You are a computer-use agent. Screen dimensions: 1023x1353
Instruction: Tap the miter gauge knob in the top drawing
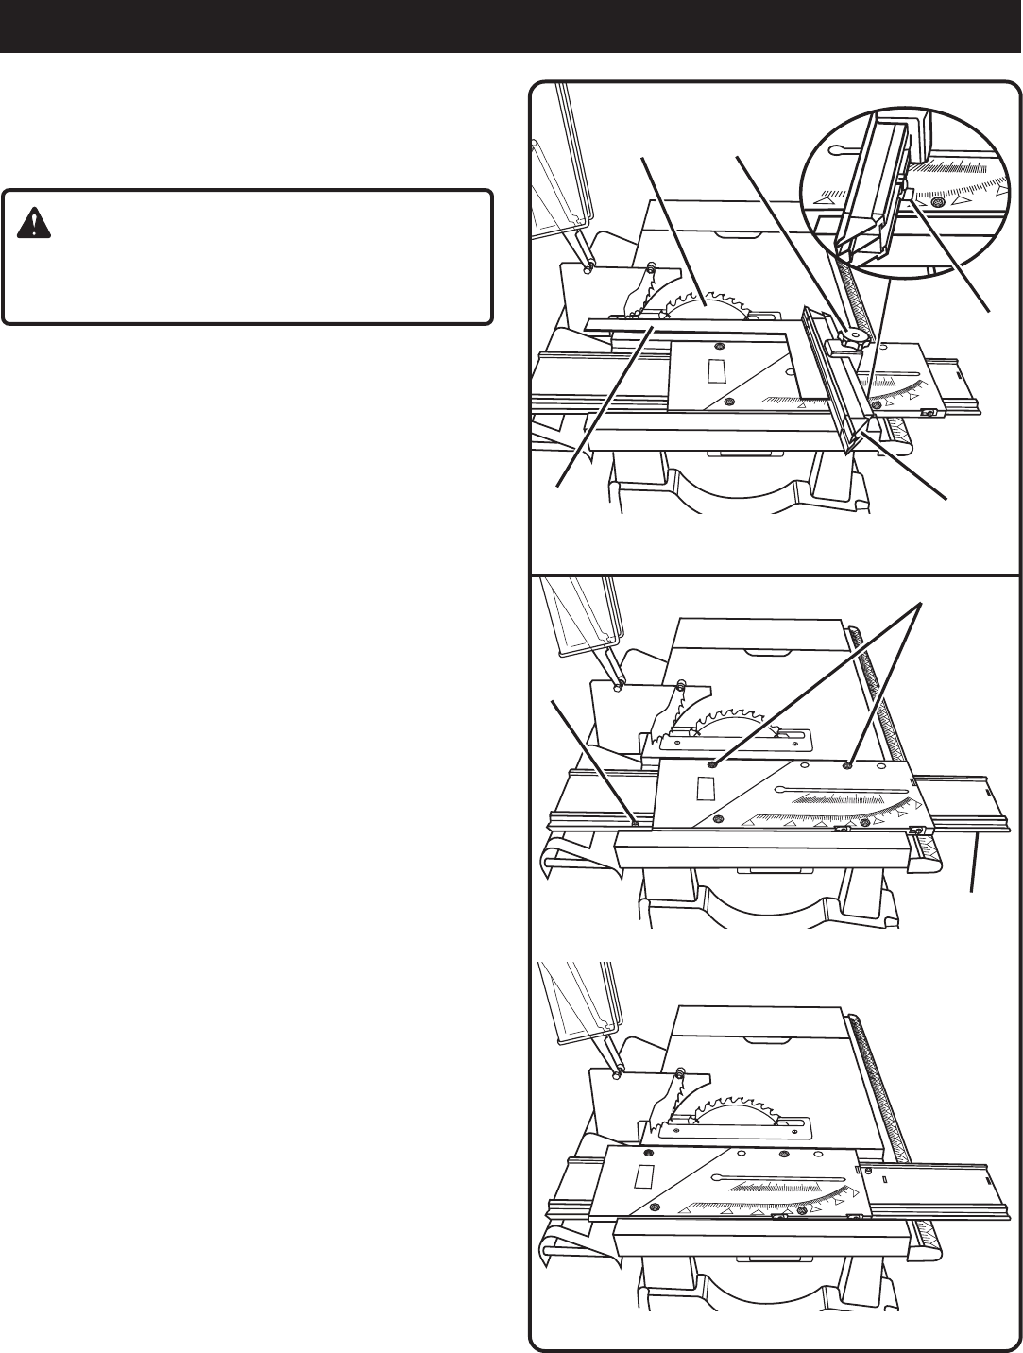click(x=853, y=336)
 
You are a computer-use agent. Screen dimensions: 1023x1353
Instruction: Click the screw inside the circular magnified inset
click(x=937, y=204)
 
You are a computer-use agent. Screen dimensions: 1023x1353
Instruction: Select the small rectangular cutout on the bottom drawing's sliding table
click(x=647, y=1176)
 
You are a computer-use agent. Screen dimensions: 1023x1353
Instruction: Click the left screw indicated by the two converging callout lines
click(x=715, y=764)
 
